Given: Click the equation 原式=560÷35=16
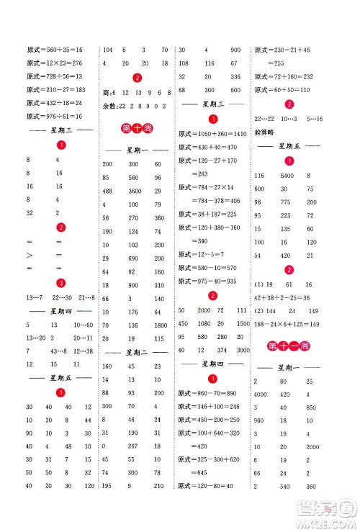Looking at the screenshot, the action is tap(55, 50).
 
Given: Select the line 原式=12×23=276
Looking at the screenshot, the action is tap(55, 63).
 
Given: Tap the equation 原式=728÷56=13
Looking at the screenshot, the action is tap(55, 76).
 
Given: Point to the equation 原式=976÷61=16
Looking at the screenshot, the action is tap(55, 117).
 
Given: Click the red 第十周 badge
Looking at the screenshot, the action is tap(135, 130).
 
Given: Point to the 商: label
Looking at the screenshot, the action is tap(109, 94).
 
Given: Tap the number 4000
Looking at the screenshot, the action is tap(260, 394).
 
